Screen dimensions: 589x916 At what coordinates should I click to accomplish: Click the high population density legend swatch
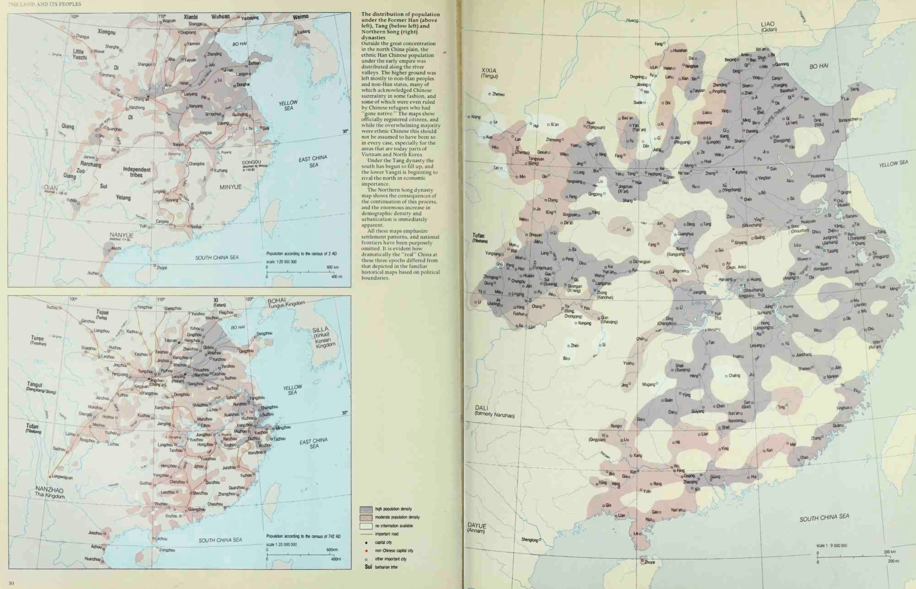(x=366, y=509)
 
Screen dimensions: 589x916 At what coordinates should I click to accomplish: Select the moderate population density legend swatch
(x=366, y=518)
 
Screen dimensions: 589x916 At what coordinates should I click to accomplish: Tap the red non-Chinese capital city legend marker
(x=366, y=551)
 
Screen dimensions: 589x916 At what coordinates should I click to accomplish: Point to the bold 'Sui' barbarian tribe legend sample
(x=368, y=567)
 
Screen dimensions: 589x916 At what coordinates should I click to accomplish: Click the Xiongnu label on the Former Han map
(x=106, y=32)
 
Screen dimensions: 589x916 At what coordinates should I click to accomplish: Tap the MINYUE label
(x=230, y=187)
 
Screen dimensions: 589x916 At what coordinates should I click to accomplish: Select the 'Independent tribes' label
(x=136, y=172)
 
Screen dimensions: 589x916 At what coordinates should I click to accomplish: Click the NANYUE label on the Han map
(x=121, y=235)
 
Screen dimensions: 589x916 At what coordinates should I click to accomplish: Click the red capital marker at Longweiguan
(x=50, y=476)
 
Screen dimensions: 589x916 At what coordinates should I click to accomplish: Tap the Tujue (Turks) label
(x=102, y=314)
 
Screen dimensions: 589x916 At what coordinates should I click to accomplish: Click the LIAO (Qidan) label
(x=768, y=26)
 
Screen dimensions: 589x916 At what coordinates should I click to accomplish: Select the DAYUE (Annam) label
(x=477, y=528)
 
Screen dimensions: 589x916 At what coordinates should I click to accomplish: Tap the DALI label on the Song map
(x=482, y=408)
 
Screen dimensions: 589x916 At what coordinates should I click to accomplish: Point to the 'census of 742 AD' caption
(x=304, y=536)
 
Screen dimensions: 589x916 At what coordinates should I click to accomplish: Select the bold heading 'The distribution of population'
(x=400, y=15)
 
